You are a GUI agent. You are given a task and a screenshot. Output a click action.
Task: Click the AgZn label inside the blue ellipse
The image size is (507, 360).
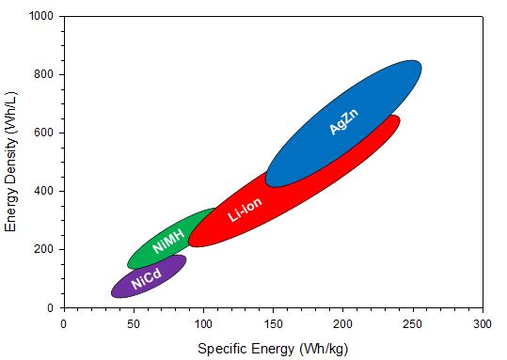point(344,122)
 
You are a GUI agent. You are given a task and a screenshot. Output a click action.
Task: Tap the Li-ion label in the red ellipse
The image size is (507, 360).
point(245,210)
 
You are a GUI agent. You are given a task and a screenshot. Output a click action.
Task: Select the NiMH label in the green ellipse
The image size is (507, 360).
point(168,243)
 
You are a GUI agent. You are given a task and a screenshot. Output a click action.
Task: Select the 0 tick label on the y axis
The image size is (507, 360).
point(51,308)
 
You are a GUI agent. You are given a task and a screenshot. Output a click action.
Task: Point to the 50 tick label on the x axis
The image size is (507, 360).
point(133,323)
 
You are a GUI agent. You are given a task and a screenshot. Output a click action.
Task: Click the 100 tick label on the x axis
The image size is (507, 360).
point(203,323)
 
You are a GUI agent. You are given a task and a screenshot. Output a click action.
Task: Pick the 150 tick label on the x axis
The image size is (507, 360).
point(273,323)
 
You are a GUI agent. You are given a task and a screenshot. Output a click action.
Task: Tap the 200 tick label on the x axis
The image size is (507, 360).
point(342,323)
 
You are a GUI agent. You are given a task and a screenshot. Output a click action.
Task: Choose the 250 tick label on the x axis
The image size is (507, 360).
point(413,323)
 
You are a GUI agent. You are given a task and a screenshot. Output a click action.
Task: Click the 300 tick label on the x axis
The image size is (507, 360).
point(483,323)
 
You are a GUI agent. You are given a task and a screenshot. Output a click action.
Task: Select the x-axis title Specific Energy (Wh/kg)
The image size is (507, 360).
point(272,349)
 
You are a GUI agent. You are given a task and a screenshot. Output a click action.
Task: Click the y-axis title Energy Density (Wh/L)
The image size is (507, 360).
point(12,163)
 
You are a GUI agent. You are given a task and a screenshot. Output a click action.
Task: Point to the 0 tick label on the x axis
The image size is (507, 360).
point(63,323)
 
